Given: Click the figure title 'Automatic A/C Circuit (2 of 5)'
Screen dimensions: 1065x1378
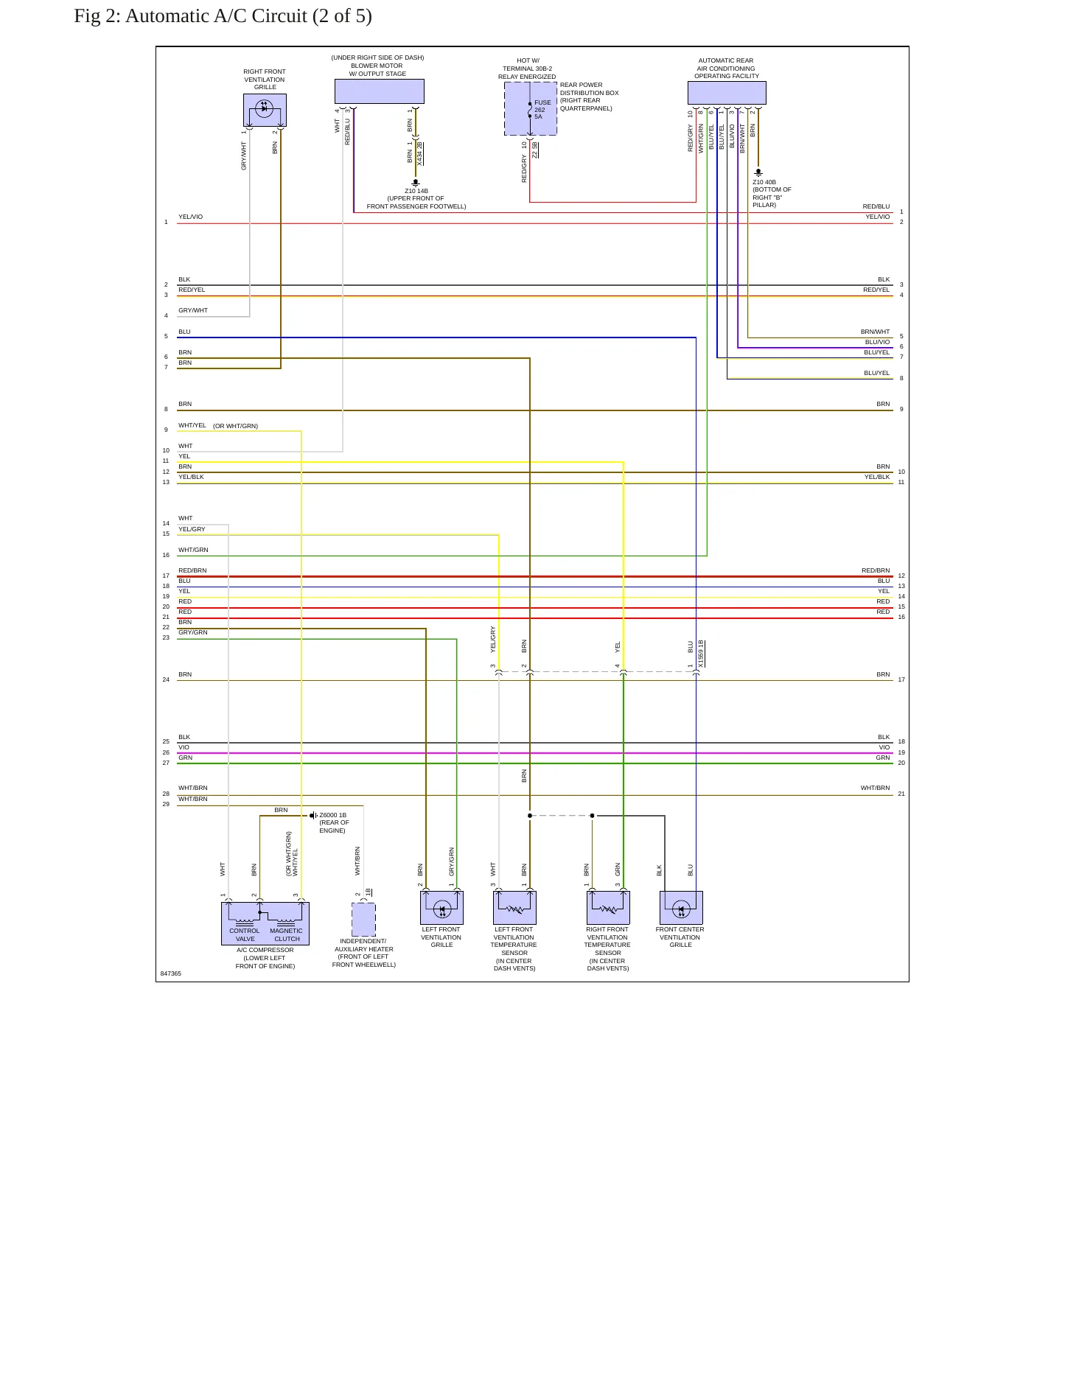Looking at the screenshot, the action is click(248, 16).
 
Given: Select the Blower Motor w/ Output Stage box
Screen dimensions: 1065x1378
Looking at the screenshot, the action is click(380, 91).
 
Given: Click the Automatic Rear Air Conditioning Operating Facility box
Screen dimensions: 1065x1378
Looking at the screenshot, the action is click(727, 93).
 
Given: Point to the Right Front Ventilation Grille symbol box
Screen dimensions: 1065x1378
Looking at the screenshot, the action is click(265, 110).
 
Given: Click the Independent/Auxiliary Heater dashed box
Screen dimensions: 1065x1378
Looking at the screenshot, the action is click(363, 919).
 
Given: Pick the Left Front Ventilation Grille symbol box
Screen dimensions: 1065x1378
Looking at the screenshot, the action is click(441, 908).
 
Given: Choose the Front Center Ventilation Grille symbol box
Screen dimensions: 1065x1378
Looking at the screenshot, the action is click(681, 908).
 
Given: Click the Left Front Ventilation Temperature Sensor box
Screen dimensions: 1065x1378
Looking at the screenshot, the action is click(514, 908).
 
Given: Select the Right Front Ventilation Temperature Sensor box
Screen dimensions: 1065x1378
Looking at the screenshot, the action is click(608, 908).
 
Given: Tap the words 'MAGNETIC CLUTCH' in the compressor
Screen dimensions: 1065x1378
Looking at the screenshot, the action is click(287, 934).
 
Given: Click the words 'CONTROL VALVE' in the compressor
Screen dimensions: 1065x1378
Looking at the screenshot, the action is click(245, 934).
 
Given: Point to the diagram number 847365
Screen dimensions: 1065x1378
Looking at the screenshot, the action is click(171, 973).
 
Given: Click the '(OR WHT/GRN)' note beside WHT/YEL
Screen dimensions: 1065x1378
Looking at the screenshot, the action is click(236, 426).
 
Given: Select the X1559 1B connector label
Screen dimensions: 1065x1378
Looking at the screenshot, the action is click(701, 654).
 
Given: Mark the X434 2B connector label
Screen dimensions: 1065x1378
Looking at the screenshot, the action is click(419, 153).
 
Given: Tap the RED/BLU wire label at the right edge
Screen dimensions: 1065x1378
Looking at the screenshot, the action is click(876, 206).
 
